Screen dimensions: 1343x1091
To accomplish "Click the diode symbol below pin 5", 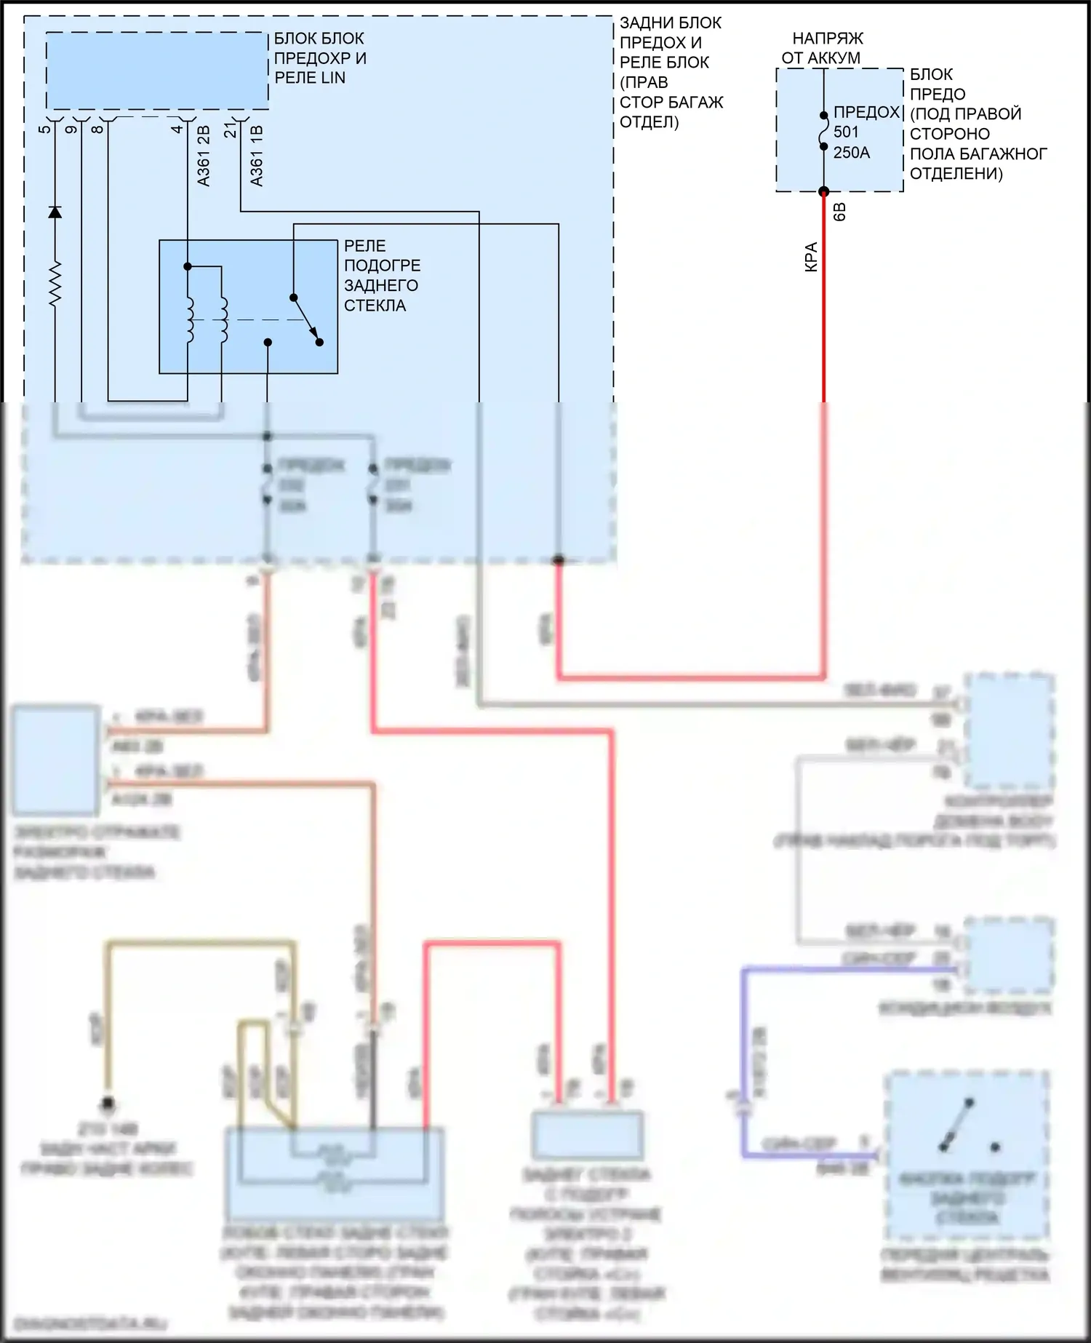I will tap(55, 212).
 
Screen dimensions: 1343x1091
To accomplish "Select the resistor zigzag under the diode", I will tap(55, 282).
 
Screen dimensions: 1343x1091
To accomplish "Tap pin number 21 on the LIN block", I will tap(231, 130).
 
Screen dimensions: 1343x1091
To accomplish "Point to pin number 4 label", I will tap(177, 129).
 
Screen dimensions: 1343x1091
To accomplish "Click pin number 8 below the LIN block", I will tap(97, 129).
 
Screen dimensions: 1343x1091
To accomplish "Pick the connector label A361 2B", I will tap(204, 156).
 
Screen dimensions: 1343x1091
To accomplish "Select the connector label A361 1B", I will tap(256, 156).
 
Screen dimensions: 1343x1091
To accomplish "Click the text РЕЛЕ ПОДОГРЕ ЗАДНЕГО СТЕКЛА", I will tap(382, 276).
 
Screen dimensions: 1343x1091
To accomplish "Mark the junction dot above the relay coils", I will tap(188, 267).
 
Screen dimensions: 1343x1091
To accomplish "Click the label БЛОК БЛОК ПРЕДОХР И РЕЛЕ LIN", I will tap(319, 58).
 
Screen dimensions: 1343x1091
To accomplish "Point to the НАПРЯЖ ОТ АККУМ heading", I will tap(823, 48).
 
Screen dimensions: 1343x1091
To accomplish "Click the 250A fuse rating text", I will tap(852, 153).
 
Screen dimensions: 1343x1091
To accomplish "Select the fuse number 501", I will tap(847, 132).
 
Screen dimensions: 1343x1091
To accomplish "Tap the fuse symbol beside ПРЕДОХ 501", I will tap(824, 131).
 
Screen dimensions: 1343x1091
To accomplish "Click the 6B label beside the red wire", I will tap(839, 212).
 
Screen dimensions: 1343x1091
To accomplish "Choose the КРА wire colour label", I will tap(812, 257).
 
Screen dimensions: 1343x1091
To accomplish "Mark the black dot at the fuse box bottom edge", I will tap(824, 192).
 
